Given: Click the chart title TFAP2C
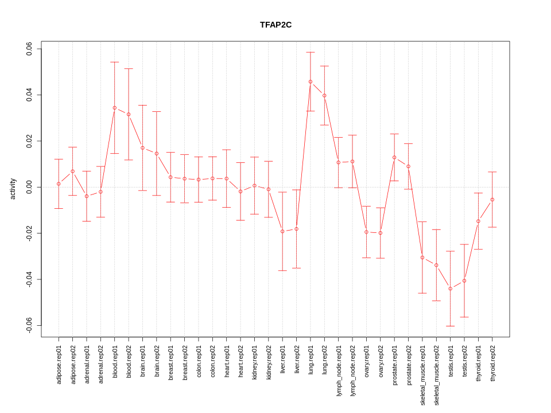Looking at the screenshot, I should [275, 25].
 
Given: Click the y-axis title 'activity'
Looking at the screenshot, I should [13, 189].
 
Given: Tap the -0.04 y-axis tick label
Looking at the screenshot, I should [29, 279].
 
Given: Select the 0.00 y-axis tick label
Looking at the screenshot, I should [29, 187].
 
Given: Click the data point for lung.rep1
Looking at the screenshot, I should [311, 81].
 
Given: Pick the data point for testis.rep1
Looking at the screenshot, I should [451, 289].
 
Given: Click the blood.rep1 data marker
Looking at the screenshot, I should [115, 108].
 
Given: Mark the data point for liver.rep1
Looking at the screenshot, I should [282, 231].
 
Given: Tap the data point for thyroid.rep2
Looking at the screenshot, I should [492, 200].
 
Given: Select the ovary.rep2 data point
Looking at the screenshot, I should [381, 233].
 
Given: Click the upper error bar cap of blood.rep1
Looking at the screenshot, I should [115, 62].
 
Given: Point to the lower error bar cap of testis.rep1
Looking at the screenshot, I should [451, 326].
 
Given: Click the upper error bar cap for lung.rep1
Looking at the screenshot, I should [311, 52].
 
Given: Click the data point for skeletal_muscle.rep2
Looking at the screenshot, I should [437, 265].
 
